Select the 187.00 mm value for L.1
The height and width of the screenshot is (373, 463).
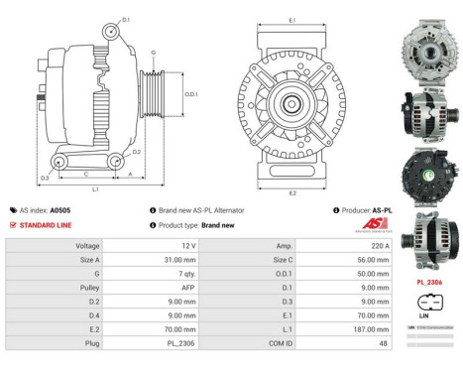click(x=358, y=326)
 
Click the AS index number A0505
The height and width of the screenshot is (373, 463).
click(x=59, y=210)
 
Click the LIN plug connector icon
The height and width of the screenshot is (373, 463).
click(x=427, y=303)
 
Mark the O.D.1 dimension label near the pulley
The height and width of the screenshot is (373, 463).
click(x=191, y=94)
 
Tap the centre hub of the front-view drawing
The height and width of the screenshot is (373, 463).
click(x=290, y=103)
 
